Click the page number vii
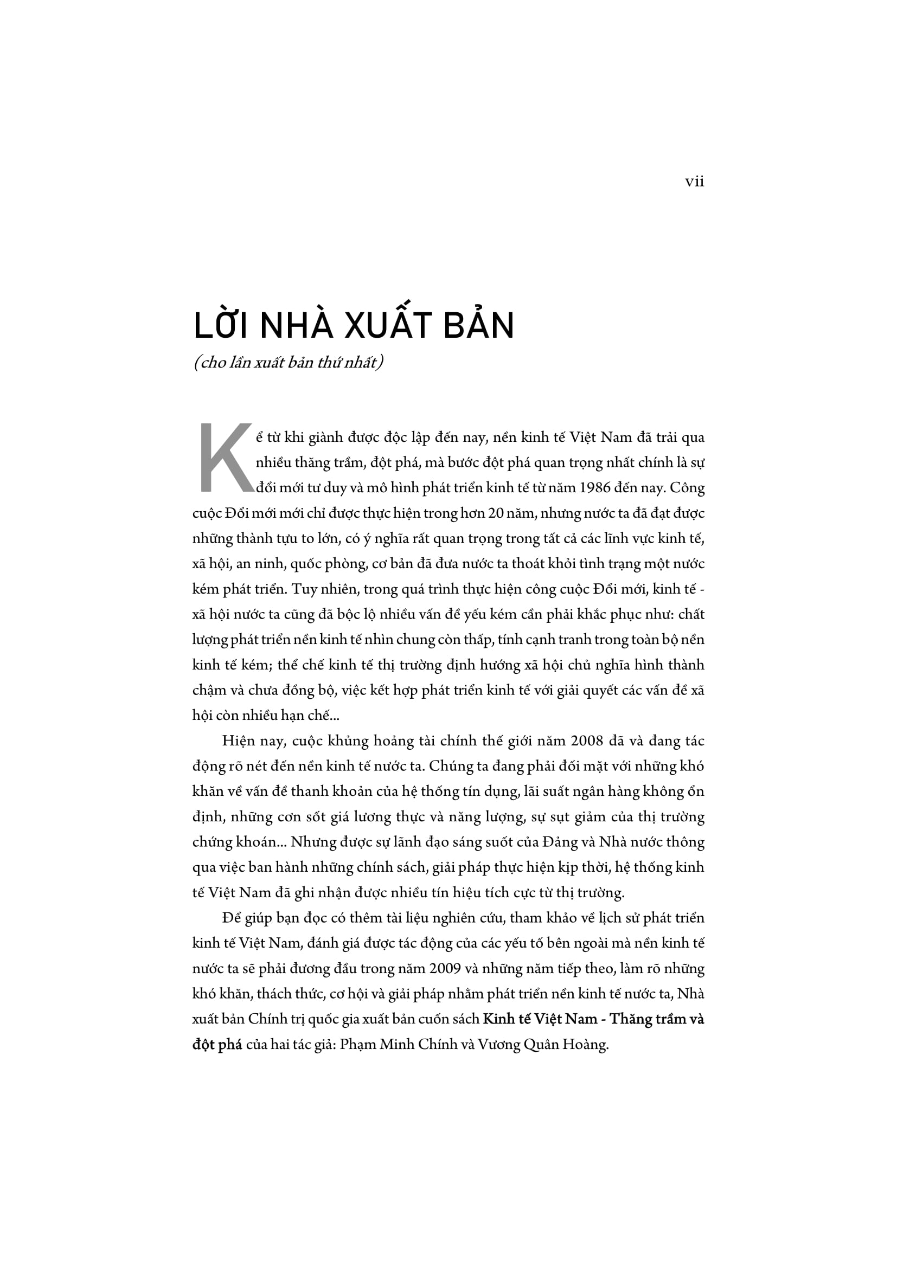pyautogui.click(x=694, y=182)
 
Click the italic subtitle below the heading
pyautogui.click(x=289, y=363)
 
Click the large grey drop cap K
pyautogui.click(x=225, y=458)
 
